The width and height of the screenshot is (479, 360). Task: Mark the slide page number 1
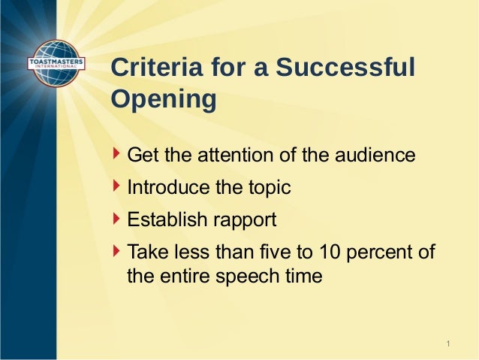(448, 344)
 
